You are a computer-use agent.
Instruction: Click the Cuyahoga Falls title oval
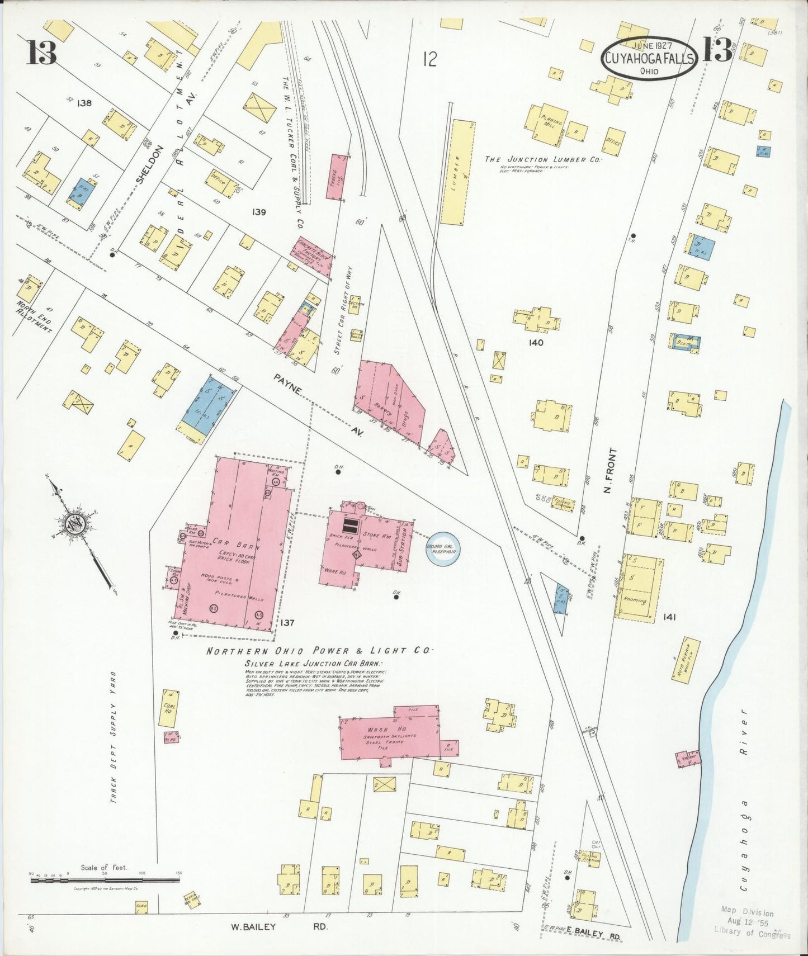(x=649, y=58)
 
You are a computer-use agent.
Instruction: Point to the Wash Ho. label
(x=379, y=730)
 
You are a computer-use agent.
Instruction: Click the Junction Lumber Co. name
(x=542, y=159)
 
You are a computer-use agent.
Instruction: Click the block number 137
(x=287, y=622)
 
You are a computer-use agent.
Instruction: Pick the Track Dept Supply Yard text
(x=113, y=738)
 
